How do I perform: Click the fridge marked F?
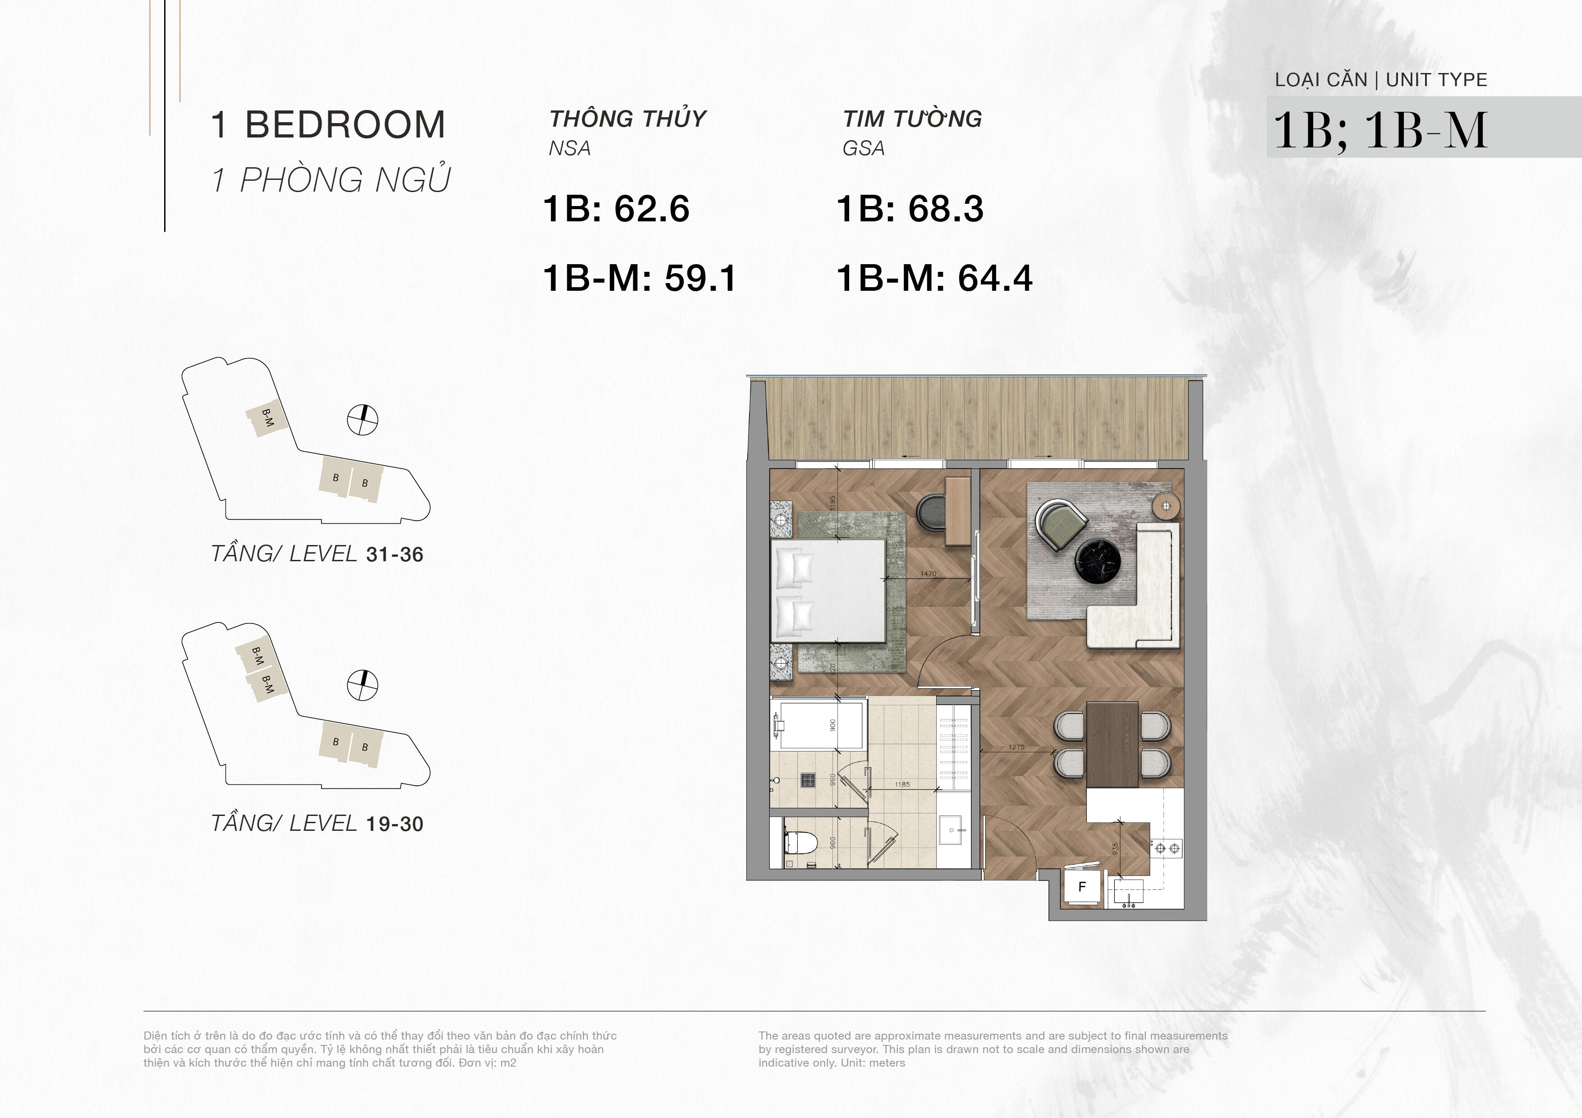(1082, 887)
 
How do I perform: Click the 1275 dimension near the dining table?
(1016, 747)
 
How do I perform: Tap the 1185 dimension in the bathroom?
(902, 784)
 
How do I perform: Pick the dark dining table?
(1112, 744)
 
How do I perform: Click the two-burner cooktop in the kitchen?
(1166, 848)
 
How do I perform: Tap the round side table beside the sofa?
(1167, 506)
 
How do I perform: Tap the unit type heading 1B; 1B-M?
(1380, 130)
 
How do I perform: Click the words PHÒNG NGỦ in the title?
(345, 180)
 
